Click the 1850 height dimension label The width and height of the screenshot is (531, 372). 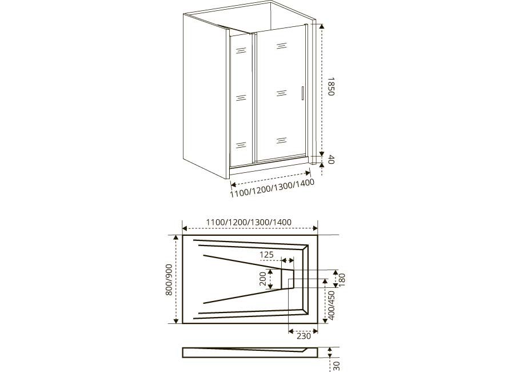[331, 86]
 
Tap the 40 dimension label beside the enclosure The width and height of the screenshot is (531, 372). [331, 159]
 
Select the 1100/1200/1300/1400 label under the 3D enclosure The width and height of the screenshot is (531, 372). [272, 188]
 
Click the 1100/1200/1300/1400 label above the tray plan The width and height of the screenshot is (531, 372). [249, 223]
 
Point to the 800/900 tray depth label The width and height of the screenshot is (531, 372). [169, 279]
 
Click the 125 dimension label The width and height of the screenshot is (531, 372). [266, 254]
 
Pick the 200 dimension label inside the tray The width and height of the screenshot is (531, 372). [263, 279]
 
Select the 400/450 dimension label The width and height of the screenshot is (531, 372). [332, 305]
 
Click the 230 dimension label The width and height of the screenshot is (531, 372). [304, 336]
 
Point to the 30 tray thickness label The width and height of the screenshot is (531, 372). [336, 366]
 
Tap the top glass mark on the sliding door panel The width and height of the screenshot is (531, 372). [281, 46]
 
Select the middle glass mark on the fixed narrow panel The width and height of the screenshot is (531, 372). [241, 98]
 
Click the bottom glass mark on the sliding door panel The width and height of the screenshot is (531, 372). [281, 140]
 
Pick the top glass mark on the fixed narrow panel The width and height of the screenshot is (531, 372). [241, 51]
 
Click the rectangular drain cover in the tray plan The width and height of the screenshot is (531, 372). [288, 279]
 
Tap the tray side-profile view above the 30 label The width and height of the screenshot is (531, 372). [250, 353]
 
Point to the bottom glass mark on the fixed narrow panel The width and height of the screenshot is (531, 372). [241, 145]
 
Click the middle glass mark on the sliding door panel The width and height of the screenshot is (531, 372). [281, 93]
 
